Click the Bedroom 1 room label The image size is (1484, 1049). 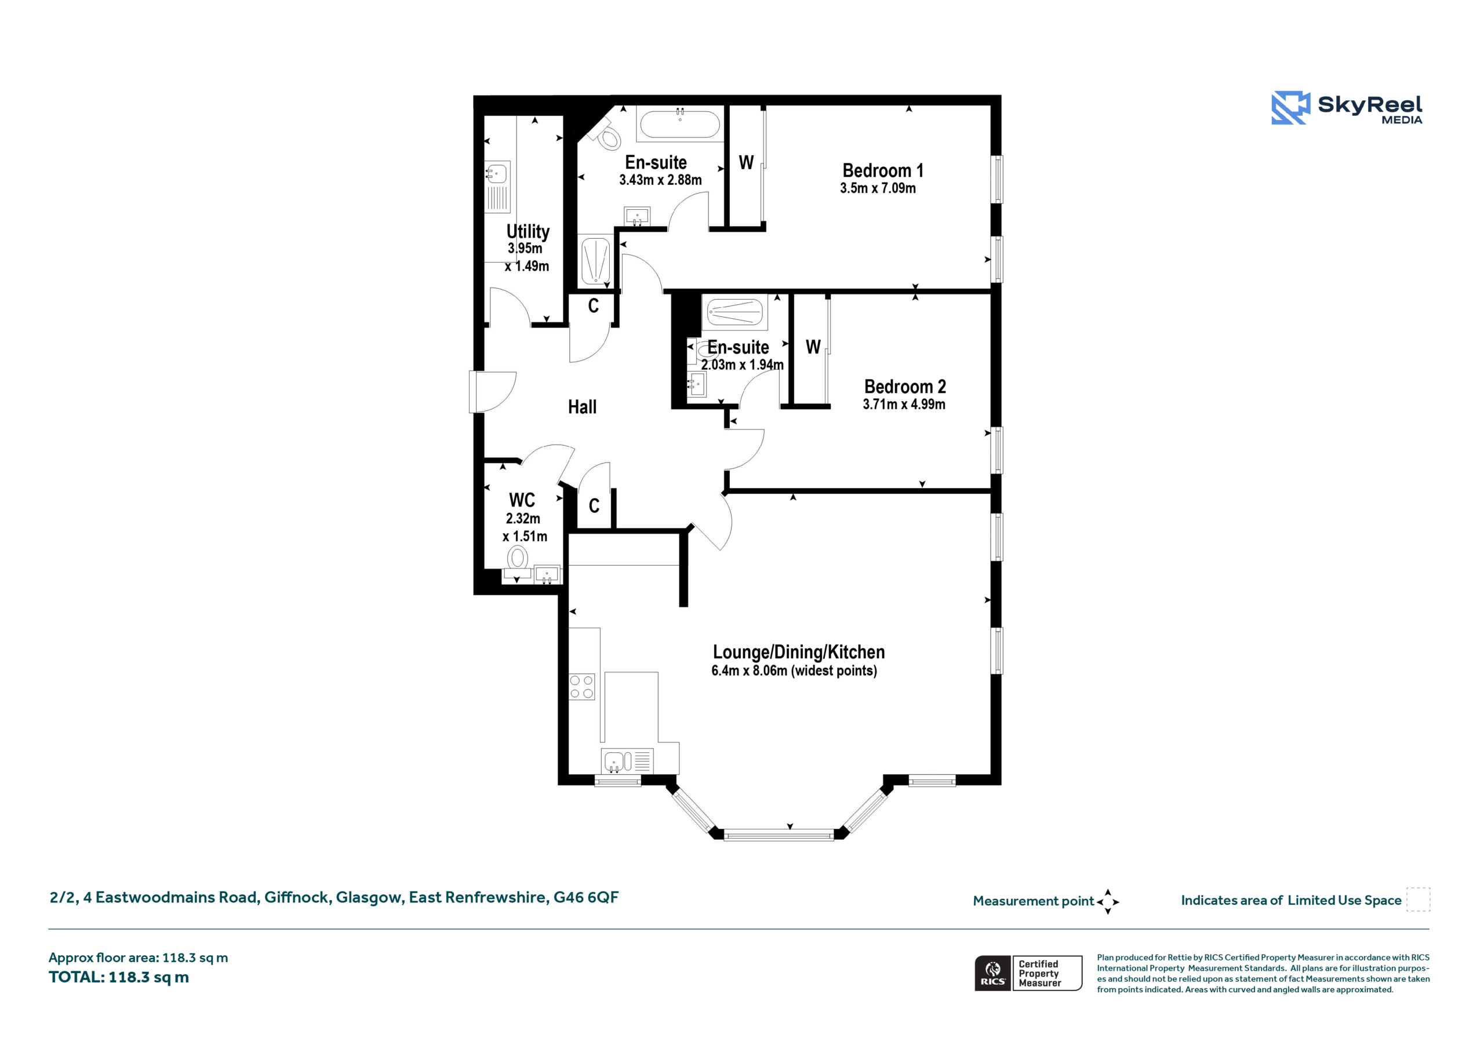click(883, 170)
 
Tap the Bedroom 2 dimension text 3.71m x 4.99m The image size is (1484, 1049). click(904, 405)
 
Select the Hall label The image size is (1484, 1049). click(583, 407)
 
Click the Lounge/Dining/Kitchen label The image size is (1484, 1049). click(799, 652)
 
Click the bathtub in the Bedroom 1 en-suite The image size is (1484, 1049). click(680, 123)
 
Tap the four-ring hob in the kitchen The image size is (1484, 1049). click(581, 686)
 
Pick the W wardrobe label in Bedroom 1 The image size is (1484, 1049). click(747, 163)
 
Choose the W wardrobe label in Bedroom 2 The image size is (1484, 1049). click(813, 348)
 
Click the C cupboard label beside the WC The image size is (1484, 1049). click(594, 506)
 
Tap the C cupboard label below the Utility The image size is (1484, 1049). click(594, 305)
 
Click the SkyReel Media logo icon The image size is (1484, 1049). click(1291, 107)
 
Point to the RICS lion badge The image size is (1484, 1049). click(993, 972)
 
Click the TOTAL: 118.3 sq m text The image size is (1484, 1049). click(119, 977)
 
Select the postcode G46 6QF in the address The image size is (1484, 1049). click(585, 897)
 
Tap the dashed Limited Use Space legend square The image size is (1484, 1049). click(1418, 899)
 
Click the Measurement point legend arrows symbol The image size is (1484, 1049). click(1108, 902)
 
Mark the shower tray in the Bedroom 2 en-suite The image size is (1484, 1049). click(734, 313)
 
